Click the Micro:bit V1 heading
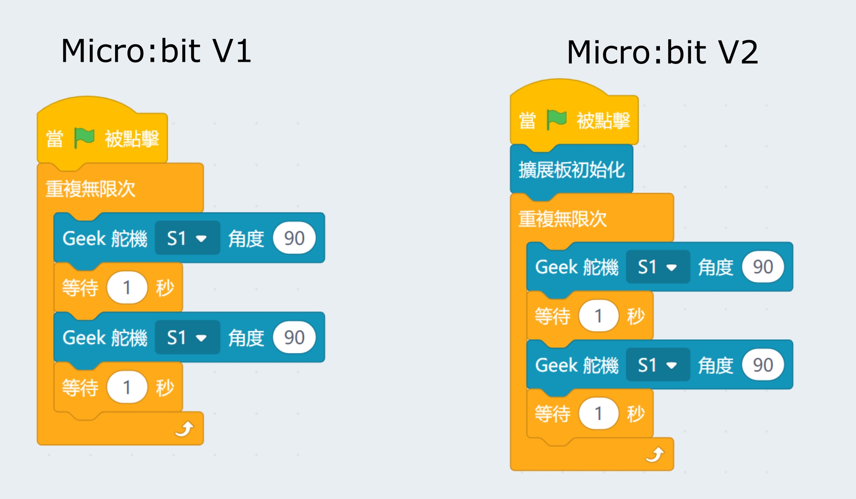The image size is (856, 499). [x=156, y=51]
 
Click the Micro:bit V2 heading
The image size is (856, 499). [x=662, y=52]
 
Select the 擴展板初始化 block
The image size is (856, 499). [x=571, y=170]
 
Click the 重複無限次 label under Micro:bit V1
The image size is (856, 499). [x=90, y=189]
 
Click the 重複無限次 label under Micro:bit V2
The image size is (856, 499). [x=562, y=219]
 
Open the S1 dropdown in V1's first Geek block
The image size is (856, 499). [x=187, y=238]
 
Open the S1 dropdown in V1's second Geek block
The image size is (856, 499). [x=187, y=337]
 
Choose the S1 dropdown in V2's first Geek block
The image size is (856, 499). [x=658, y=267]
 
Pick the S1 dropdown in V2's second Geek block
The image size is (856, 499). [x=658, y=365]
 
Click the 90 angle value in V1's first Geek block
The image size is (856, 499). [x=294, y=238]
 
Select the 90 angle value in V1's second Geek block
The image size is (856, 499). [x=294, y=337]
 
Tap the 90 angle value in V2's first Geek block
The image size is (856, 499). [x=763, y=267]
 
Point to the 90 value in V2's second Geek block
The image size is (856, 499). [x=763, y=365]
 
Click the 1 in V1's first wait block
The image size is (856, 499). [x=127, y=288]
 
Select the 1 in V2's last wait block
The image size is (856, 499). [x=598, y=413]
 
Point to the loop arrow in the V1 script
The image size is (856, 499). [x=185, y=429]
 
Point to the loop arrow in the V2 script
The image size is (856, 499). [x=655, y=455]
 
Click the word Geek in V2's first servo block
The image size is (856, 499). [x=556, y=267]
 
